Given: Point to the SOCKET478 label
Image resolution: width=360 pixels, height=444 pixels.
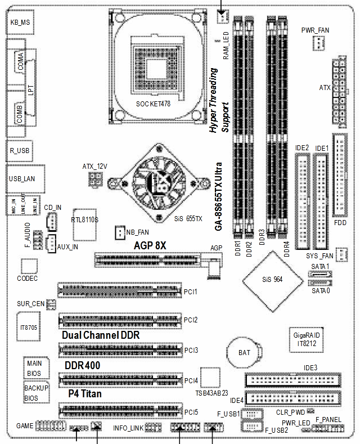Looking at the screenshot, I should tap(153, 104).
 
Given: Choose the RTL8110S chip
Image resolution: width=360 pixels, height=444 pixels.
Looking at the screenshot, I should tap(85, 219).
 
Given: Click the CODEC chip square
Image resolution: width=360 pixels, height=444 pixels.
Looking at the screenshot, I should tap(28, 266).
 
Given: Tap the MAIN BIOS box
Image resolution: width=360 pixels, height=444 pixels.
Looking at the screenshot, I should tap(35, 368).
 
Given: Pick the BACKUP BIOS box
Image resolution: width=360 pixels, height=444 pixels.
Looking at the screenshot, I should tap(35, 393).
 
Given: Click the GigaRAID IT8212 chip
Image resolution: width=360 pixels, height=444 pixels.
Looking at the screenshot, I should tap(304, 338).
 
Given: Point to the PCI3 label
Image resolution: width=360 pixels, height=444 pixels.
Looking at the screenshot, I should tap(191, 350).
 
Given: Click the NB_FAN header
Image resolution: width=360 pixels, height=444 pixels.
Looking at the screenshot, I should tap(119, 232).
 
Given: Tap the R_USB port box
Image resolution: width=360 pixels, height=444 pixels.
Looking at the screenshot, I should tap(20, 151).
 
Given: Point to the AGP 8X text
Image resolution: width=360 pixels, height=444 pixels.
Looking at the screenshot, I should tap(150, 245).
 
